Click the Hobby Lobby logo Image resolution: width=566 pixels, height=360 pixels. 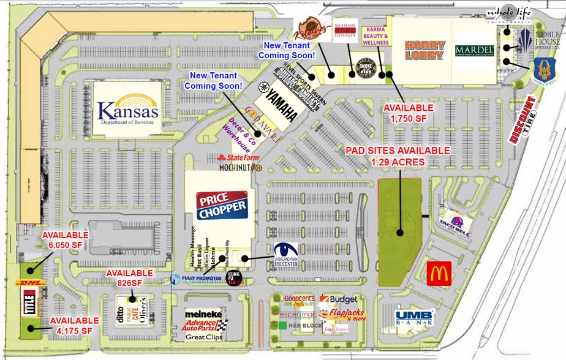(x=423, y=50)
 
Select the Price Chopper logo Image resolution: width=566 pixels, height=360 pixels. (x=222, y=206)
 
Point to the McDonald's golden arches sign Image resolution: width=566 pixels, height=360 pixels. (x=439, y=273)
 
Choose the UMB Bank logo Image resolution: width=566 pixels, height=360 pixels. (x=415, y=317)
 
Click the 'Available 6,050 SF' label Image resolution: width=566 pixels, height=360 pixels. (x=65, y=240)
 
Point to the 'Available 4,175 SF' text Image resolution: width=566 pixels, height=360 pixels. (x=74, y=325)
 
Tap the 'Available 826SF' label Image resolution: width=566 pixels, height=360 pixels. (x=129, y=278)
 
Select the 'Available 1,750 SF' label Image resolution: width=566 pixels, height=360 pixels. (x=408, y=112)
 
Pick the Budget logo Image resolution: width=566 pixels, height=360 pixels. (x=343, y=299)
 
